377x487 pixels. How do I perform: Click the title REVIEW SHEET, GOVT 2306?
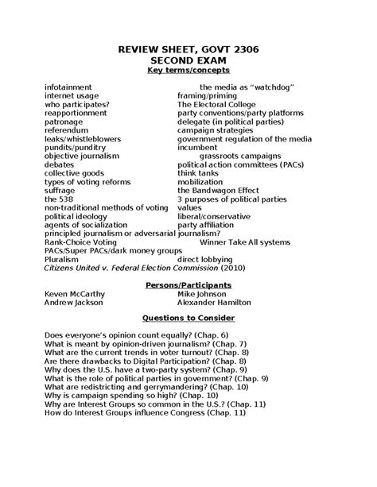pyautogui.click(x=188, y=50)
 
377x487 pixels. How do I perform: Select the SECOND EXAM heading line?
pyautogui.click(x=188, y=61)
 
